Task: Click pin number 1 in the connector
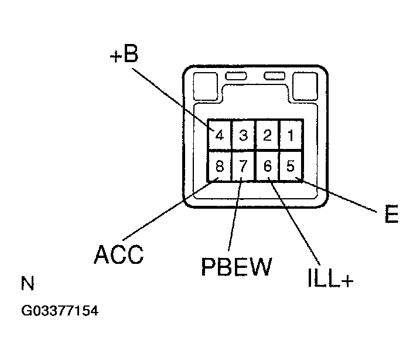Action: [291, 136]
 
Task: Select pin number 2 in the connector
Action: [267, 136]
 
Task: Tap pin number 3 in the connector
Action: [244, 136]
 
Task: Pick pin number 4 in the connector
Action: [220, 136]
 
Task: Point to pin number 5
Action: [291, 166]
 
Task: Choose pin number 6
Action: [267, 166]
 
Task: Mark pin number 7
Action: [244, 166]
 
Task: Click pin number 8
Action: [220, 166]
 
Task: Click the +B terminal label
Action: [123, 55]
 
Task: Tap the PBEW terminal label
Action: [237, 267]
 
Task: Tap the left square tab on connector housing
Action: [205, 84]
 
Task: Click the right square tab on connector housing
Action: [305, 84]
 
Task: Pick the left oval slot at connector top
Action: [235, 76]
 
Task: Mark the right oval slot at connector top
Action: [273, 76]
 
